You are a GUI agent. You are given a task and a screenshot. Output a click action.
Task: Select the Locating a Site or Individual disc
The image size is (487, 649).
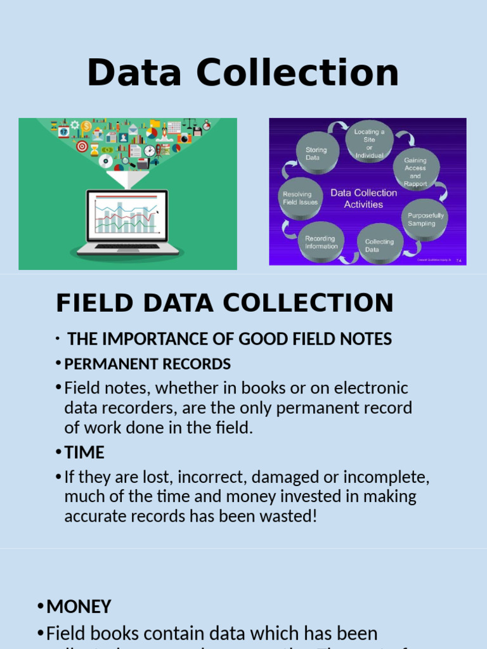pos(370,141)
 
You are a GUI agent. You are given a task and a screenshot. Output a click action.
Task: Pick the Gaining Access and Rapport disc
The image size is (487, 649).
pos(415,170)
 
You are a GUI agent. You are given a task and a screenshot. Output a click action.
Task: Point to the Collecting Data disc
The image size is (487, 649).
pos(379,244)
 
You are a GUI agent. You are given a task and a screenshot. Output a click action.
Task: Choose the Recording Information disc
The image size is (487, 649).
pos(321,242)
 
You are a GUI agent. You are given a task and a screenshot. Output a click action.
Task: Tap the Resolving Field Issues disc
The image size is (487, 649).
pos(301,198)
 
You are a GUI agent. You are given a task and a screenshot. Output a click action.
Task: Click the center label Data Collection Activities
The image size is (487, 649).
pos(363,198)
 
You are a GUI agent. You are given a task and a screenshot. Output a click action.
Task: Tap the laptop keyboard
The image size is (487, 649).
pos(127,247)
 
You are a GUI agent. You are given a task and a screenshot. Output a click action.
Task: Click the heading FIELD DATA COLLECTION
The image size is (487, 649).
pos(224,303)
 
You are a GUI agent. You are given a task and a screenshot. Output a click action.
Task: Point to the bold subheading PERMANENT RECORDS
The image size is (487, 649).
pos(148,364)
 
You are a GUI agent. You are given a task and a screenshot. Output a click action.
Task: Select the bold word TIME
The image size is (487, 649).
pos(84,453)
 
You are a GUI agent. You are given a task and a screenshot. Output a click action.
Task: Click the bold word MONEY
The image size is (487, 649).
pos(79,607)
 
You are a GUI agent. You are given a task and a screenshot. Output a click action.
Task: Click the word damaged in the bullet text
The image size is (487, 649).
pos(266,477)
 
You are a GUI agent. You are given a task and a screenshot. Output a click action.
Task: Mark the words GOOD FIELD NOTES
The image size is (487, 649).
pos(315,339)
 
